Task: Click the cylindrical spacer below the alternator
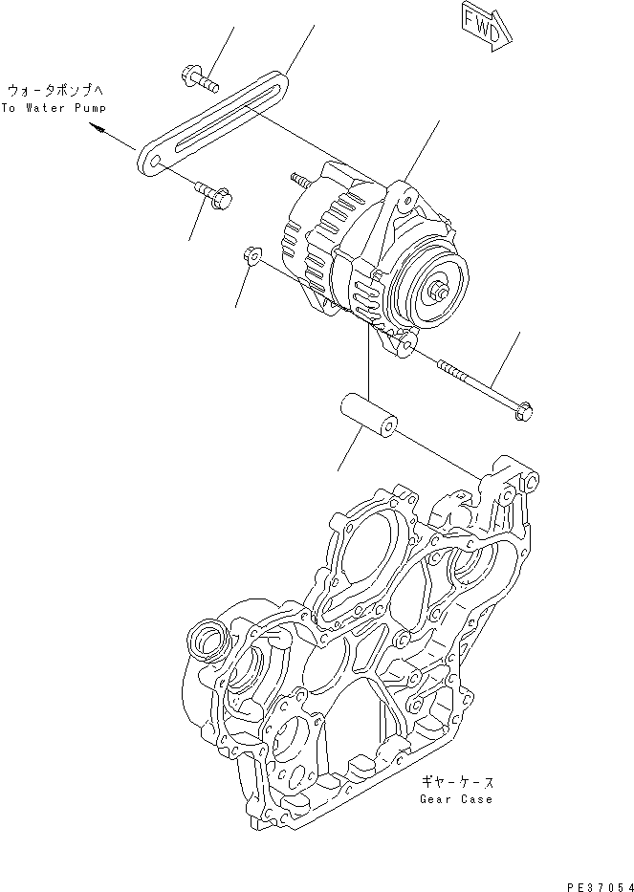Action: point(370,417)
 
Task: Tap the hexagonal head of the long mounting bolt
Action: point(524,411)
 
